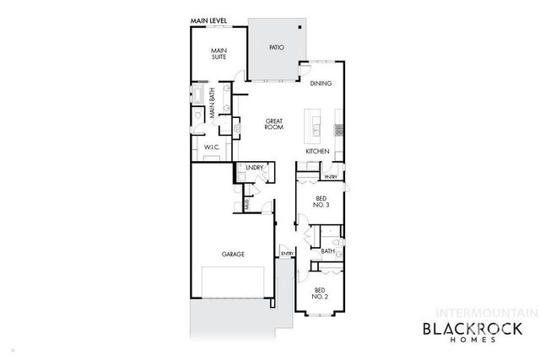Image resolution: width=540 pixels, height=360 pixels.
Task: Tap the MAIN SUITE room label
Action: pos(219,54)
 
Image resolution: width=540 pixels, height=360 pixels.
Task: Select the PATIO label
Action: pos(276,48)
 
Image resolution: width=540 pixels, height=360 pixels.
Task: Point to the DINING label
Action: pos(320,83)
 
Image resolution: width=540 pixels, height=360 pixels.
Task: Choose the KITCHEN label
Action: pos(317,151)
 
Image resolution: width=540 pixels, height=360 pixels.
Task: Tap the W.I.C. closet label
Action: pos(211,148)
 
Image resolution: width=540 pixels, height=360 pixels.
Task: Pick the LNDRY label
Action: pos(255,168)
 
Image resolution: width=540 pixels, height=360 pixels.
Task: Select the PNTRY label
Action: pos(331,178)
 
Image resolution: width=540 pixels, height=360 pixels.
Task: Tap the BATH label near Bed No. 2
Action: pos(327,250)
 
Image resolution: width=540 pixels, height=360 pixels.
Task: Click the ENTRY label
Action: pos(286,251)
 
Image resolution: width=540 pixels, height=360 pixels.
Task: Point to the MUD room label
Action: pos(246,203)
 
